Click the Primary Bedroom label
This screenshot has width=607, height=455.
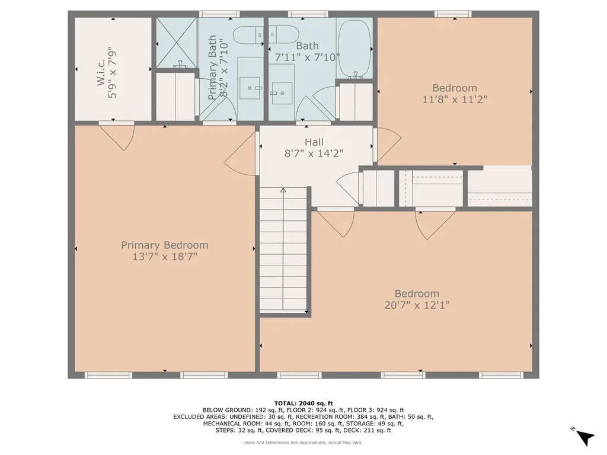[x=165, y=245]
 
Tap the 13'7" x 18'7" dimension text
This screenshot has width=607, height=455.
[x=165, y=257]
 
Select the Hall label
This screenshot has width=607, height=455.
[x=314, y=142]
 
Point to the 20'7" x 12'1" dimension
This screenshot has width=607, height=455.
[x=417, y=305]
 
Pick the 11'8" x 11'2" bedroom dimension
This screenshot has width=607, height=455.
[x=455, y=100]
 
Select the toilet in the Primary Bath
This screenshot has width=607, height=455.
[x=248, y=35]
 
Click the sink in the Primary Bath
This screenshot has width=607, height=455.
[x=250, y=88]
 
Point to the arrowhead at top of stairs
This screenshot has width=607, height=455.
[x=283, y=190]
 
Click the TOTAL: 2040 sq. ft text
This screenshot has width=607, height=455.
[x=303, y=403]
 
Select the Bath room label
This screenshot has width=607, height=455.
[x=308, y=46]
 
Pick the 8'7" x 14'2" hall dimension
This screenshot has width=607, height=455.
[x=314, y=153]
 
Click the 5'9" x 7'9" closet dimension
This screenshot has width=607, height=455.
[x=112, y=72]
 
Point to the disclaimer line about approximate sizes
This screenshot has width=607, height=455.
[x=303, y=442]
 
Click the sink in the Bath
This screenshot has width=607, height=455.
[x=281, y=93]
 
